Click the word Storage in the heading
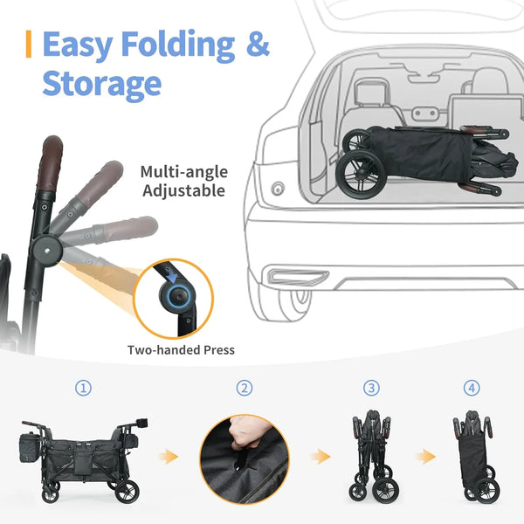[102, 84]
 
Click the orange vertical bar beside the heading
[30, 45]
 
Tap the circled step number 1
[83, 388]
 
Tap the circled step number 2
[245, 388]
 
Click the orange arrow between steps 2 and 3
[322, 455]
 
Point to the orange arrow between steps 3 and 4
[426, 455]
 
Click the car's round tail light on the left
[279, 189]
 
